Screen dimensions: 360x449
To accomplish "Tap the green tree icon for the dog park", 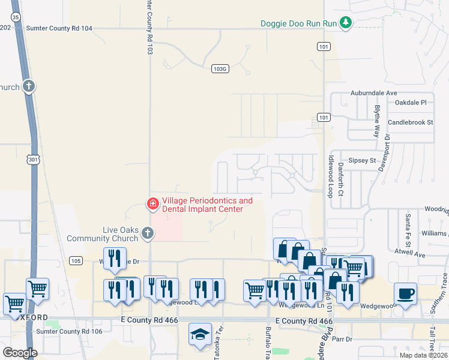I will point(345,23).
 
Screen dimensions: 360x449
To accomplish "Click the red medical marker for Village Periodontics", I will point(153,205).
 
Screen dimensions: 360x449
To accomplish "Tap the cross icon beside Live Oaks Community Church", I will point(148,236).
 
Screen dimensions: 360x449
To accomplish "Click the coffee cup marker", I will point(406,294).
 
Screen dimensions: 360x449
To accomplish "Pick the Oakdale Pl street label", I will point(410,103).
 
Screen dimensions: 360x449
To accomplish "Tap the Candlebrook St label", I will point(411,122).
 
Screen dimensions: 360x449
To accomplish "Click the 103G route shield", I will point(220,69).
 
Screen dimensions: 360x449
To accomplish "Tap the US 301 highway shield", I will point(32,160).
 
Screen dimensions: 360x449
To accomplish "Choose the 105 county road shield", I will point(75,260).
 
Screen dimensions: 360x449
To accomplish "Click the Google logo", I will point(20,353).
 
